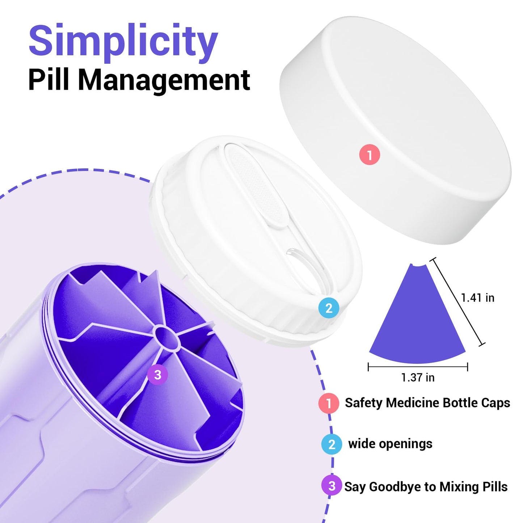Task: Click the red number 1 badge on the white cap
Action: coord(370,155)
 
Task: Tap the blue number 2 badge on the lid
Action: coord(329,308)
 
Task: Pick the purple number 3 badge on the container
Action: coord(157,375)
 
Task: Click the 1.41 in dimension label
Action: coord(478,298)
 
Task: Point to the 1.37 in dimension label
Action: coord(418,378)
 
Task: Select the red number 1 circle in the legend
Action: coord(329,403)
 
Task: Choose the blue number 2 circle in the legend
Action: coord(332,444)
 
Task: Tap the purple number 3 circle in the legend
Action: coord(332,486)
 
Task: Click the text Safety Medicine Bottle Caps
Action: coord(427,403)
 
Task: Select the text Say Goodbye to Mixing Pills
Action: coord(426,487)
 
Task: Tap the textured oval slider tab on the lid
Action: coord(257,185)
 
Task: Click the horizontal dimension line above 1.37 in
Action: coord(418,367)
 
